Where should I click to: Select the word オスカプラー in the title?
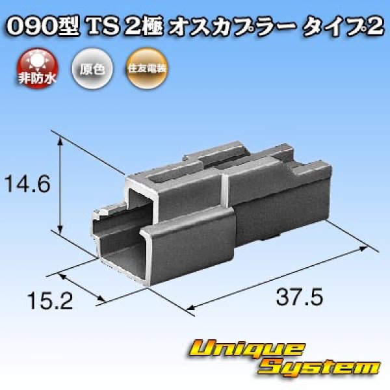[234, 27]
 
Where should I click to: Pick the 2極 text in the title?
[147, 27]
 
